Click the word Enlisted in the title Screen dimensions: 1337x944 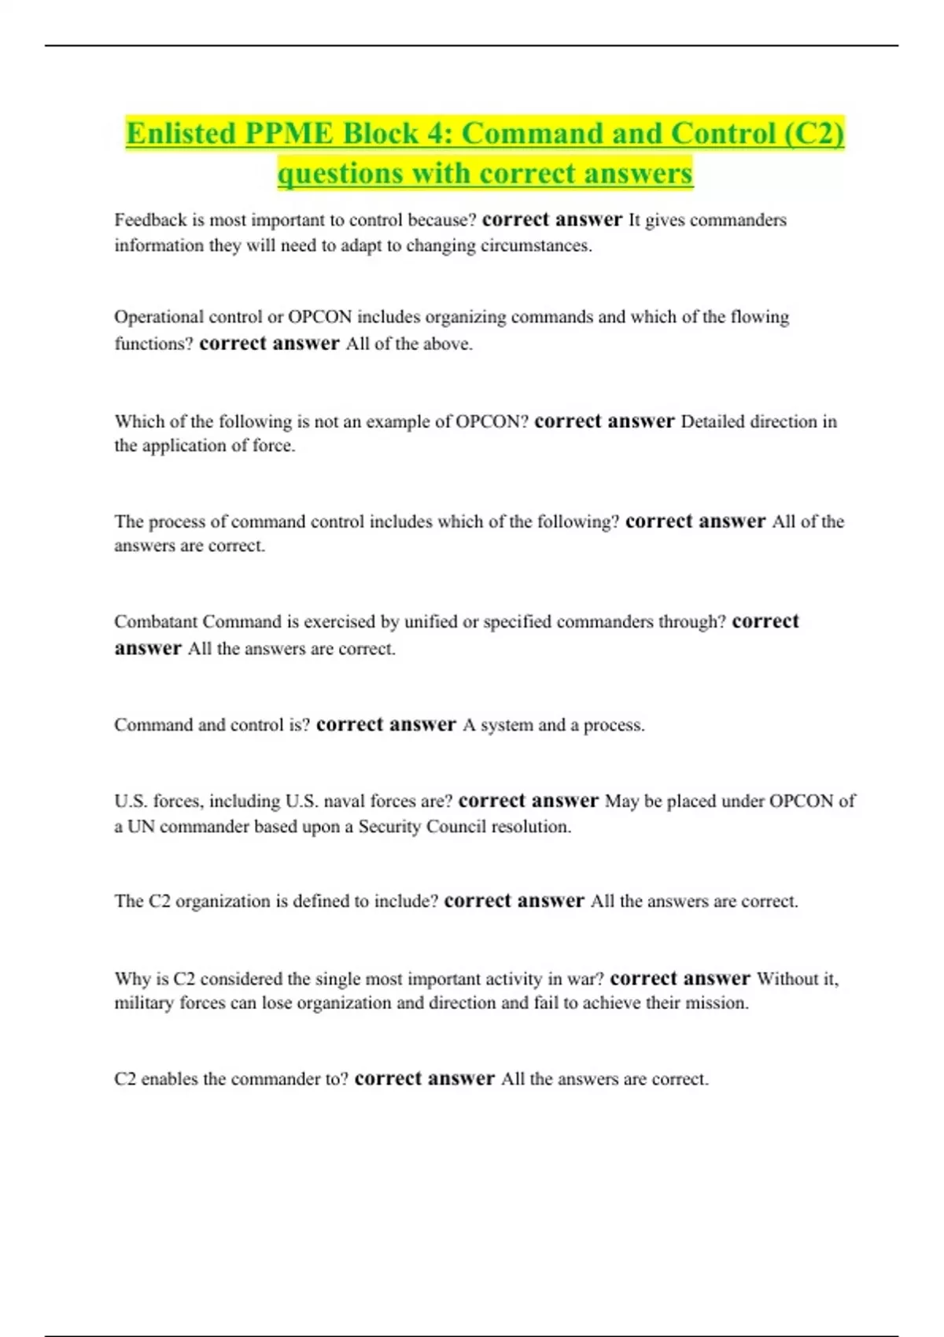[x=181, y=134]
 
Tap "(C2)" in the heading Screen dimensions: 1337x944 [x=813, y=134]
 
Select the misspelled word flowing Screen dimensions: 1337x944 [x=759, y=317]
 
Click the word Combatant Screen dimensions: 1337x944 [x=155, y=622]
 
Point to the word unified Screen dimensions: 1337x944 [x=430, y=622]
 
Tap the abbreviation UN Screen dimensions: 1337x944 [x=141, y=827]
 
